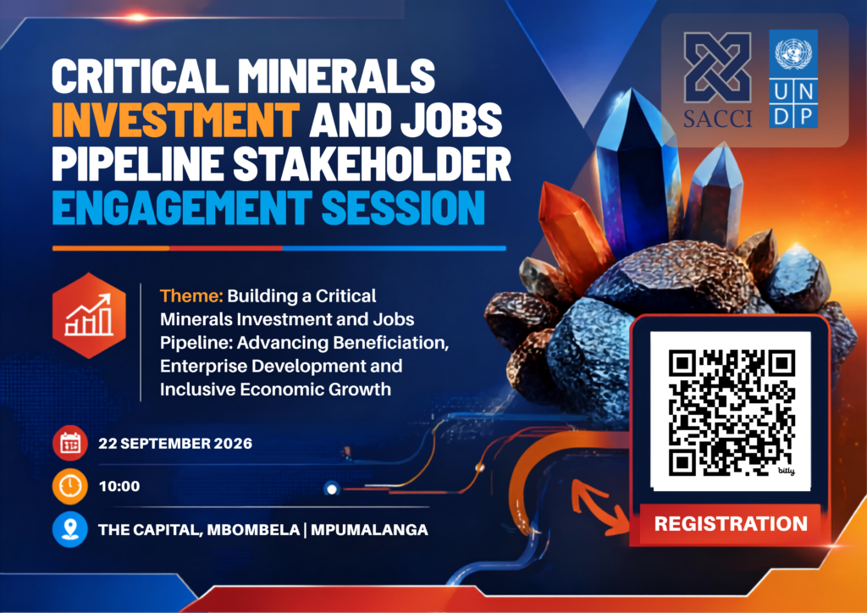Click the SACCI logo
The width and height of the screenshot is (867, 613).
tap(717, 80)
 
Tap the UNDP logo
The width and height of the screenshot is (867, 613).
tap(792, 79)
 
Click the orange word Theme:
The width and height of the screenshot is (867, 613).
tap(191, 296)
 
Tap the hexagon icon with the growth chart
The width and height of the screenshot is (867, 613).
tap(88, 315)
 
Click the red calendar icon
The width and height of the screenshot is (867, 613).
tap(70, 443)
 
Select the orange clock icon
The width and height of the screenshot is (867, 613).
tap(70, 486)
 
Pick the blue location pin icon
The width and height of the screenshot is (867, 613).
tap(70, 529)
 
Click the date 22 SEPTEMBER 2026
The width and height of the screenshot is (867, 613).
tap(175, 444)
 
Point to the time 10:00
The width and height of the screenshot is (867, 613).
tap(119, 487)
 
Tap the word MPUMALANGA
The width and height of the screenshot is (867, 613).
tap(369, 529)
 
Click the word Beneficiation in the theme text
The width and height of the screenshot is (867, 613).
tap(389, 343)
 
